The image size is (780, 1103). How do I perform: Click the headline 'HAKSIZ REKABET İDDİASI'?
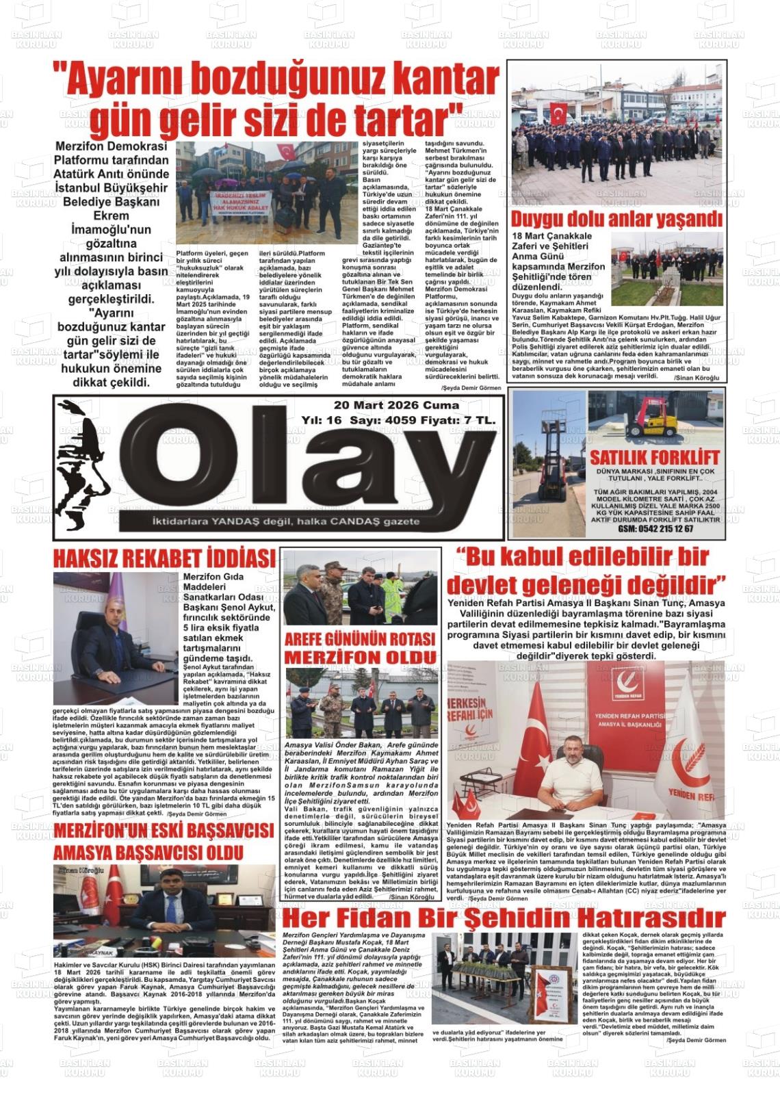click(164, 558)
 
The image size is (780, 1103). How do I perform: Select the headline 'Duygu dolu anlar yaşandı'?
click(616, 219)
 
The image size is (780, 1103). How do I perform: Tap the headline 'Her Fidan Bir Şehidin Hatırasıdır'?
click(504, 918)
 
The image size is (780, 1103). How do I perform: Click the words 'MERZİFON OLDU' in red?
click(360, 657)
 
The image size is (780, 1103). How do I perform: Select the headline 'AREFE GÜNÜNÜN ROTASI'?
click(360, 639)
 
